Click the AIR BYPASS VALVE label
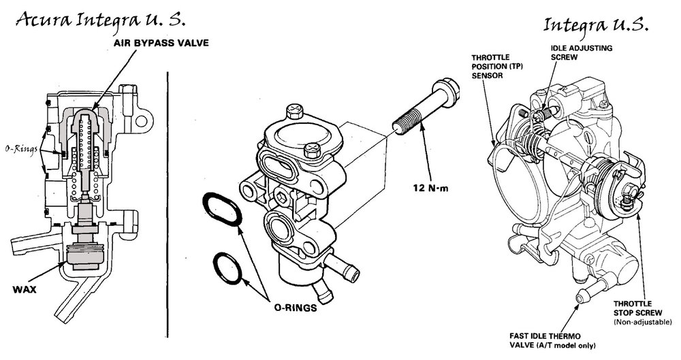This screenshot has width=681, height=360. tap(161, 43)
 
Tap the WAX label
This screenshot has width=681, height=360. tap(25, 290)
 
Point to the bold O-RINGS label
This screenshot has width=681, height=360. tap(296, 308)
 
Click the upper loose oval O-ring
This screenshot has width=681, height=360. tap(223, 209)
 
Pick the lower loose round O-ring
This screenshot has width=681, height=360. tap(227, 268)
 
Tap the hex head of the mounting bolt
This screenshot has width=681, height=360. tap(447, 91)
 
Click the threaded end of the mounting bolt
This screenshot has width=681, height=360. tap(407, 120)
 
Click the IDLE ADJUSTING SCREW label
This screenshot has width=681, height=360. tap(582, 52)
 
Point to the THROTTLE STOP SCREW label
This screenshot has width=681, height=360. tap(637, 308)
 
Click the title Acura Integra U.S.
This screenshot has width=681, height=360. tap(101, 20)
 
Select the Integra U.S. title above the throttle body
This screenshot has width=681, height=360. tap(597, 24)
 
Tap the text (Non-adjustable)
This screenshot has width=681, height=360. tap(643, 322)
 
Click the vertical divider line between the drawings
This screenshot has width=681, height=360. tap(168, 204)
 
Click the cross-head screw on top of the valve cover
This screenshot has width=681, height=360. tap(294, 110)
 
